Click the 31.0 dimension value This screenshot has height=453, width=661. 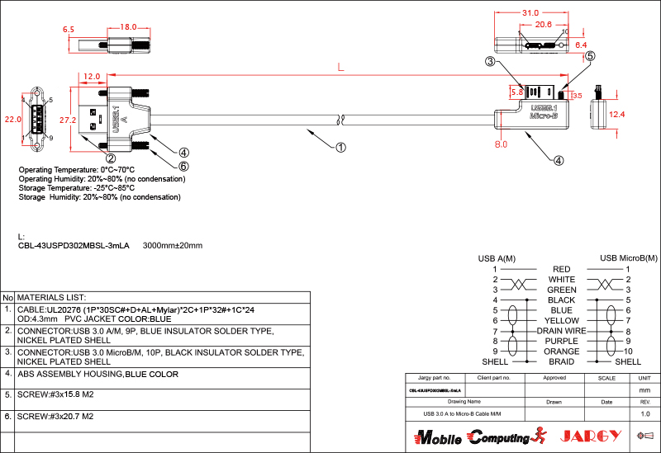click(530, 13)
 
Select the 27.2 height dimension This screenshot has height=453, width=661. click(69, 120)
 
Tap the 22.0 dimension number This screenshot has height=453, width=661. click(12, 119)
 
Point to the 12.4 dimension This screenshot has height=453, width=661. click(617, 114)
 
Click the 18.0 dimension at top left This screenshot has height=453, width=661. click(128, 27)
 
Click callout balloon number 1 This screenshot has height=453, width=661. click(340, 148)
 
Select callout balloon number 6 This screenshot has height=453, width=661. click(183, 166)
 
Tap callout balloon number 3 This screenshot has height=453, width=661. click(490, 62)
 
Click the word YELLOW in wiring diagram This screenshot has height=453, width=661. click(562, 320)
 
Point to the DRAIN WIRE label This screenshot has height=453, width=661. click(561, 331)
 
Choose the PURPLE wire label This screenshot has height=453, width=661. click(562, 341)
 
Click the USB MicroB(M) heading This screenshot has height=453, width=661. click(628, 258)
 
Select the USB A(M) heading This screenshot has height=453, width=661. click(497, 258)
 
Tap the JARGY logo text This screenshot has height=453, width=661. click(590, 436)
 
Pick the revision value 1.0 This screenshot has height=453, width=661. click(645, 413)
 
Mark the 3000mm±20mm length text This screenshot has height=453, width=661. click(173, 246)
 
